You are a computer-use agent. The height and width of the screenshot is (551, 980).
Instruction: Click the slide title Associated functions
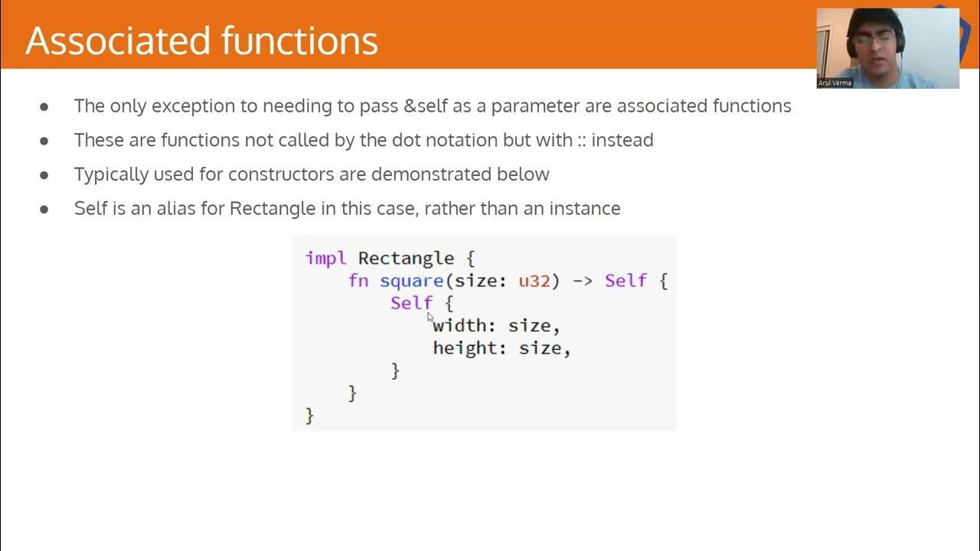pyautogui.click(x=201, y=41)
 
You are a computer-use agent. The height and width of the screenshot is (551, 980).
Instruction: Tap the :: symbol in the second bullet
pyautogui.click(x=581, y=140)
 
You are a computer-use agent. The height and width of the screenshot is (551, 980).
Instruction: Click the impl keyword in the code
pyautogui.click(x=325, y=258)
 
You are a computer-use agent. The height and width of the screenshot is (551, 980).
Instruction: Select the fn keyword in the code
pyautogui.click(x=358, y=281)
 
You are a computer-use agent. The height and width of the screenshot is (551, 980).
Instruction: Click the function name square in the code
pyautogui.click(x=411, y=281)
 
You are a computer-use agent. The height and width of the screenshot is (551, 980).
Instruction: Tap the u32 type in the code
pyautogui.click(x=534, y=281)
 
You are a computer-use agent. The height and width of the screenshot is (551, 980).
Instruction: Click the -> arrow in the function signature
pyautogui.click(x=582, y=281)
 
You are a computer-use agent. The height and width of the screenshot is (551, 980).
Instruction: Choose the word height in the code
pyautogui.click(x=465, y=348)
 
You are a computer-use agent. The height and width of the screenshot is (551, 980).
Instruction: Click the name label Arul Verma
pyautogui.click(x=835, y=83)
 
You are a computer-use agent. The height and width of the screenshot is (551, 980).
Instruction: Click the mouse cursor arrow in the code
pyautogui.click(x=430, y=316)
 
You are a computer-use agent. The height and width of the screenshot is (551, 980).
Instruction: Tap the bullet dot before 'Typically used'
pyautogui.click(x=44, y=174)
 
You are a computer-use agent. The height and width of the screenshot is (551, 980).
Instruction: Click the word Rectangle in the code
pyautogui.click(x=406, y=258)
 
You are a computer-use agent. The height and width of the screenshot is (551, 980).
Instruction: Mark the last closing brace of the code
pyautogui.click(x=310, y=416)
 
